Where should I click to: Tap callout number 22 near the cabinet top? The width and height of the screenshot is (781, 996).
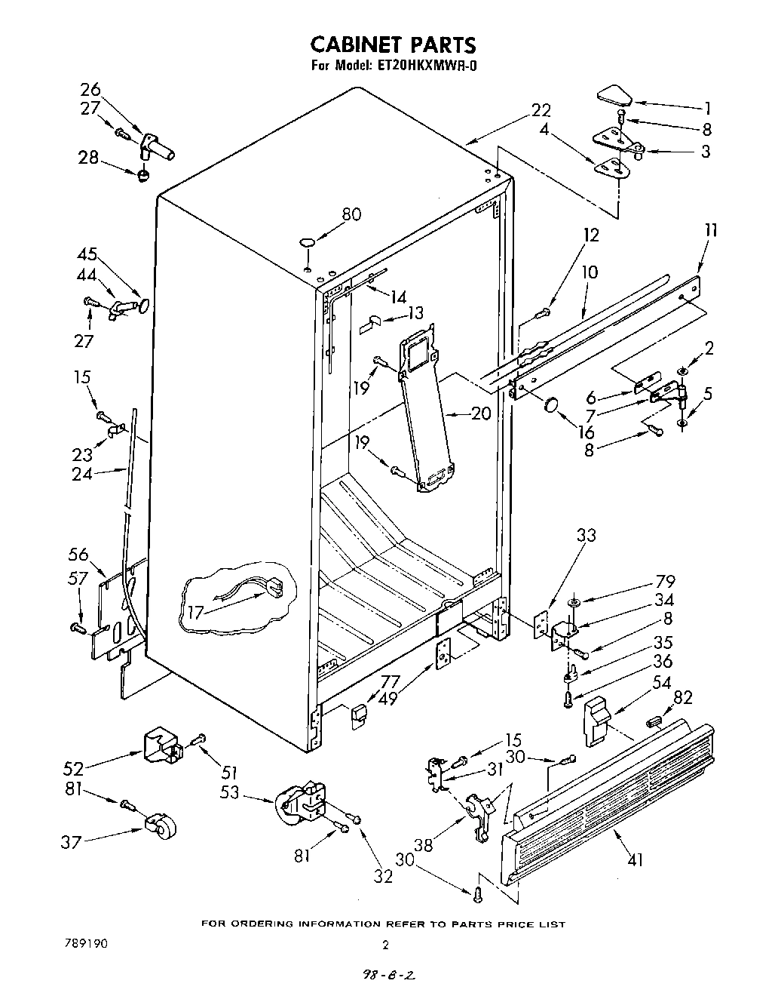pos(541,110)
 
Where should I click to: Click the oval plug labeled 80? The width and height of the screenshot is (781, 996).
pos(308,241)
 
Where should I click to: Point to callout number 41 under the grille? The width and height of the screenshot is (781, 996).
pos(635,859)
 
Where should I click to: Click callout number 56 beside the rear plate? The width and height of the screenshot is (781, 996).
pos(78,555)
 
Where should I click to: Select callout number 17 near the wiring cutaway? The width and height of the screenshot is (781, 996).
pos(195,613)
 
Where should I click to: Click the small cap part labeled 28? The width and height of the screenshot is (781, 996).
pos(142,176)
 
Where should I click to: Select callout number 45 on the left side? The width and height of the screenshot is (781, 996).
pos(88,254)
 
